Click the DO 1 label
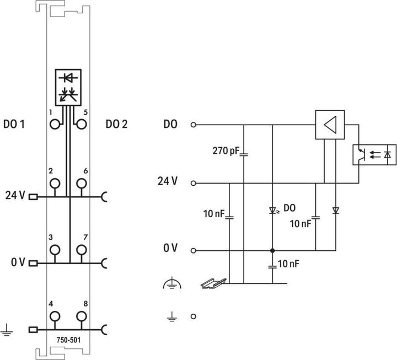[14, 125]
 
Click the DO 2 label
[116, 125]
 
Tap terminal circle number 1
[55, 125]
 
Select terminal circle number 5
[82, 125]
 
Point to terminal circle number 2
[55, 183]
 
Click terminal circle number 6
[82, 183]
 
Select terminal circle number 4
[55, 316]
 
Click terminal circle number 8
[82, 316]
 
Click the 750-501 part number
[68, 340]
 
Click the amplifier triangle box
[329, 125]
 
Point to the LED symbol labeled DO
[272, 210]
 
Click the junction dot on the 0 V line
[272, 250]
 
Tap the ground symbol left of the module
[7, 330]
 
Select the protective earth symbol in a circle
[171, 284]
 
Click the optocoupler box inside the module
[68, 87]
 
